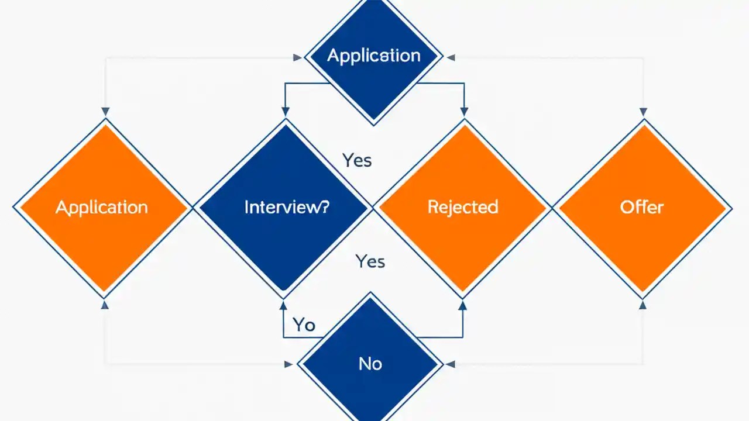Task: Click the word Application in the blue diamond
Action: [x=373, y=56]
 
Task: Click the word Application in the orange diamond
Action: [x=102, y=207]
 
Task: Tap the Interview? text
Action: [x=287, y=207]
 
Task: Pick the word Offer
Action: [x=642, y=207]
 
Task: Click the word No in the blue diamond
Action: [x=370, y=364]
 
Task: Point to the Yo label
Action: [x=304, y=325]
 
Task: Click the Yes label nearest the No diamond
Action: [x=370, y=261]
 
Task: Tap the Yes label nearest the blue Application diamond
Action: [x=357, y=160]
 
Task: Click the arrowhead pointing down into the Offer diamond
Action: [x=643, y=112]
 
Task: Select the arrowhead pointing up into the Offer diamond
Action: [x=643, y=304]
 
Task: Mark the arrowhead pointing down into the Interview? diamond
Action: [x=286, y=112]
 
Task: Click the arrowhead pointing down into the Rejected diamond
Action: [x=465, y=112]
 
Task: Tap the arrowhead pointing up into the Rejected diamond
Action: [x=463, y=304]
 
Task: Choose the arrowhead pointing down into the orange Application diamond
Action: [x=105, y=112]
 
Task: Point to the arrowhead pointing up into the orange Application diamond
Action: [x=105, y=304]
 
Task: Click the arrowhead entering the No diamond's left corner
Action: [x=288, y=364]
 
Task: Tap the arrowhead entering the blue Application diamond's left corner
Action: [x=298, y=57]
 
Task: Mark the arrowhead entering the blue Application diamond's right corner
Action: [x=450, y=57]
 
